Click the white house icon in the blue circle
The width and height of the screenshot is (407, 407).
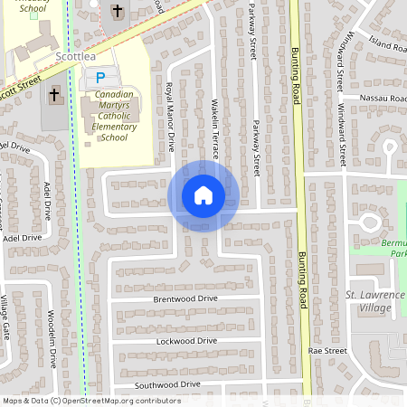pyautogui.click(x=203, y=195)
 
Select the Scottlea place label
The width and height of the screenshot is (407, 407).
pyautogui.click(x=75, y=56)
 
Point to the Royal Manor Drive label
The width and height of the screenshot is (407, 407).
pyautogui.click(x=169, y=116)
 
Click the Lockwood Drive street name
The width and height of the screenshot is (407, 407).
pyautogui.click(x=187, y=341)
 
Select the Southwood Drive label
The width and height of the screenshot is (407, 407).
pyautogui.click(x=167, y=384)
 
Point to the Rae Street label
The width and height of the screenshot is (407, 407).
pyautogui.click(x=327, y=350)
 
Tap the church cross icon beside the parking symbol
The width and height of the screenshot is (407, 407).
pyautogui.click(x=53, y=93)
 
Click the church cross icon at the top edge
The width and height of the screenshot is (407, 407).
pyautogui.click(x=117, y=11)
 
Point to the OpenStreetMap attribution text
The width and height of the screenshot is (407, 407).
pyautogui.click(x=91, y=401)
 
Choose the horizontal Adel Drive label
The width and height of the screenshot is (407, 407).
pyautogui.click(x=23, y=238)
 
